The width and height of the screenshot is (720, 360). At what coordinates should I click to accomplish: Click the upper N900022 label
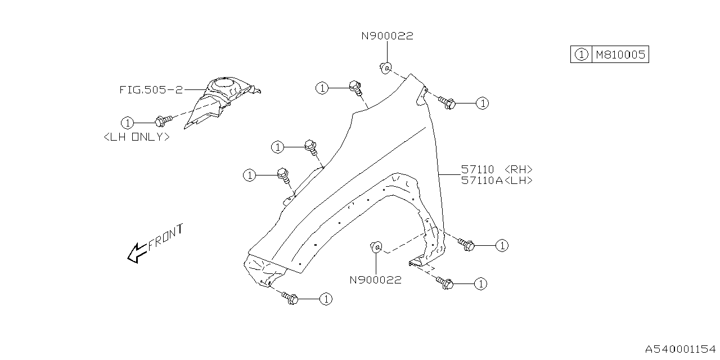point(387,36)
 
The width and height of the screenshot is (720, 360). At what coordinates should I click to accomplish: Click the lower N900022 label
point(375,280)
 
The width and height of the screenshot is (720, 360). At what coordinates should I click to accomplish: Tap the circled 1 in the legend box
point(581,55)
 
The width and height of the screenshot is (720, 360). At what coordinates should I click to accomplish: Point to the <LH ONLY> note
point(137,137)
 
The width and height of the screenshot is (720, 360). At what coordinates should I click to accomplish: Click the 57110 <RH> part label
point(496,169)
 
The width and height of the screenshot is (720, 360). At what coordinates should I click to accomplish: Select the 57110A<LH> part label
point(496,181)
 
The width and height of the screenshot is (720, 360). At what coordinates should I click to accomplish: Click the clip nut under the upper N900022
point(386,68)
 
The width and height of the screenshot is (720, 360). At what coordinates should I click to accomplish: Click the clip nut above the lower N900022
point(376,246)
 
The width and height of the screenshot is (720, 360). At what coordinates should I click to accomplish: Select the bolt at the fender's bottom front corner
point(290,298)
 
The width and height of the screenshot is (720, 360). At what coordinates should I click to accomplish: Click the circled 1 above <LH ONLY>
point(128,122)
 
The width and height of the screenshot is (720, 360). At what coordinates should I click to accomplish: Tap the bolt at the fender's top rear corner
point(447,103)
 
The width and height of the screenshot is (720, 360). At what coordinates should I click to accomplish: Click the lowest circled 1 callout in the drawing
point(325,299)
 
